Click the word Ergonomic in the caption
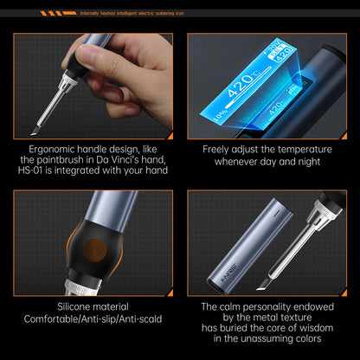point(51,149)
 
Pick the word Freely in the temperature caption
point(220,149)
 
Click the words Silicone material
point(93,307)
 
